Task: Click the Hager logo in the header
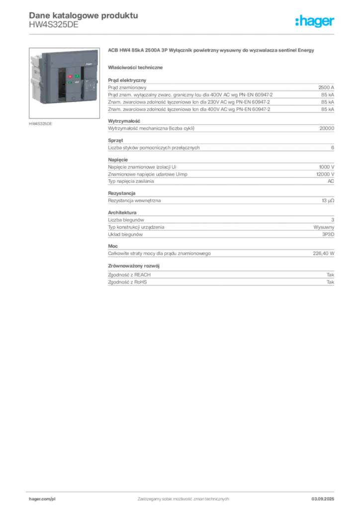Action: [x=314, y=21]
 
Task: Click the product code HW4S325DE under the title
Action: [x=54, y=25]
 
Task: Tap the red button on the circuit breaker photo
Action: [x=70, y=77]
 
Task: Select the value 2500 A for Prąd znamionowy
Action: [x=326, y=87]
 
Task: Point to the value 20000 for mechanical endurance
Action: [x=327, y=128]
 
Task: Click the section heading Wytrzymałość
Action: [x=124, y=121]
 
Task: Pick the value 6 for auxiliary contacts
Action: [x=333, y=148]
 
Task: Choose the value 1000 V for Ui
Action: [x=327, y=167]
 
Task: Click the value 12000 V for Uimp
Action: [x=325, y=174]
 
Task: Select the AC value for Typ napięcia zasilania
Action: [x=331, y=181]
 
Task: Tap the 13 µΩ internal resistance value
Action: [x=328, y=201]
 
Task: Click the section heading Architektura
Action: [x=122, y=213]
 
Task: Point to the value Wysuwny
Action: [x=324, y=227]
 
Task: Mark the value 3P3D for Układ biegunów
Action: [x=328, y=235]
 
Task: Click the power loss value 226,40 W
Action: [x=323, y=254]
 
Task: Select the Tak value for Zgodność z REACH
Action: [x=331, y=275]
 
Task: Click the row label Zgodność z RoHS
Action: [x=127, y=282]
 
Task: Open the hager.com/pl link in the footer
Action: [x=42, y=499]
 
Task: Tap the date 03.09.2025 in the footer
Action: [x=323, y=499]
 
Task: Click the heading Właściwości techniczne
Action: [x=135, y=68]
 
